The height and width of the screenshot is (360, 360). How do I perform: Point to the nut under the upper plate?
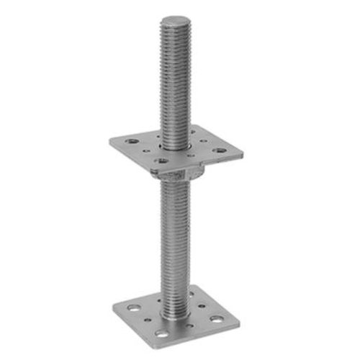coord(181,173)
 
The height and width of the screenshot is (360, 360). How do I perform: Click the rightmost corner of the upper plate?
coord(243,152)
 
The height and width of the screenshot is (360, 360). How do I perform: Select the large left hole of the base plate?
coord(135,307)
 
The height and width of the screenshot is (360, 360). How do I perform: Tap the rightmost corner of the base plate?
coord(240,320)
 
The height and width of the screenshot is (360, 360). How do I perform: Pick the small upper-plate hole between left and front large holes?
coord(146,152)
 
